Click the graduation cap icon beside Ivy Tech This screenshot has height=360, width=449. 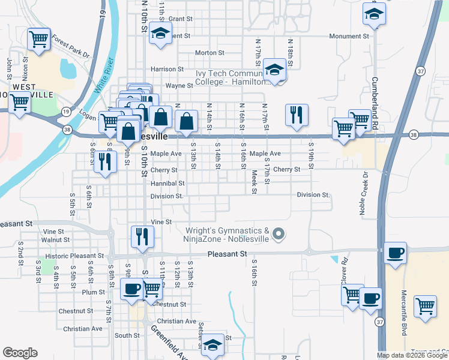[274, 71]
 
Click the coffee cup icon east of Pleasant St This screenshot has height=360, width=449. [395, 253]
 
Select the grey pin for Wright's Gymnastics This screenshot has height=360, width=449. [278, 234]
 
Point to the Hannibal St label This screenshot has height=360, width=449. [167, 183]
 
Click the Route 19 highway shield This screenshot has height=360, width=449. [65, 111]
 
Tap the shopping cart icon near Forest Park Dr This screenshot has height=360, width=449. [38, 40]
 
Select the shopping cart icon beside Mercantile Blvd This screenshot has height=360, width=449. [425, 305]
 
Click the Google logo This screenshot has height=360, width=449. [20, 353]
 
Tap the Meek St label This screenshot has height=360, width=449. [255, 181]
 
